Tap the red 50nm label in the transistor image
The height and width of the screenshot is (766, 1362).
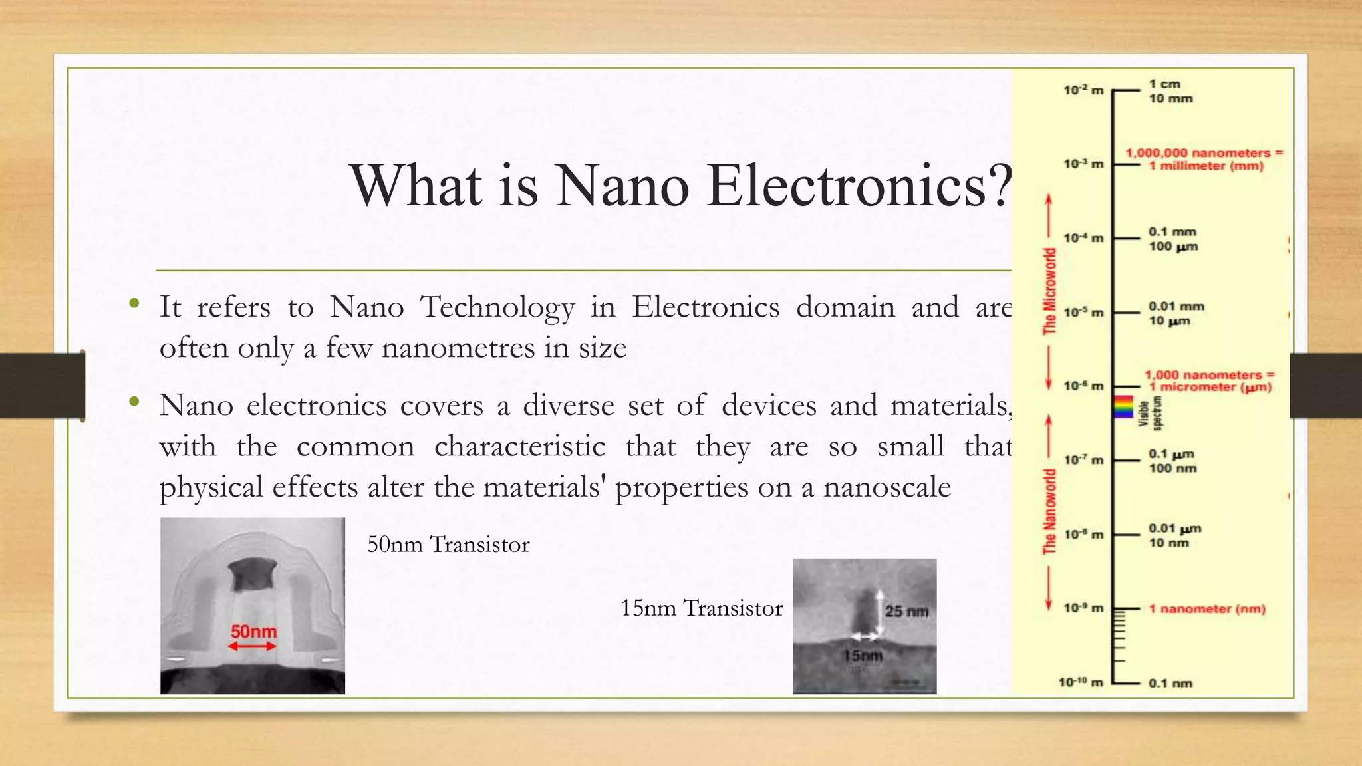coord(253,630)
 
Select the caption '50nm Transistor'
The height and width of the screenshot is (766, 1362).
coord(448,545)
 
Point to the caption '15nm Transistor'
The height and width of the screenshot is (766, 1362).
coord(702,608)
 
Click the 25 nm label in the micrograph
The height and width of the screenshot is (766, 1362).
coord(906,611)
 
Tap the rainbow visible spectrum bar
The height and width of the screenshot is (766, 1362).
coord(1123,406)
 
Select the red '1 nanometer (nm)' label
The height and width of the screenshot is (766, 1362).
coord(1207,609)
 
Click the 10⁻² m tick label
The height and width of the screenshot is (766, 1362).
coord(1083,90)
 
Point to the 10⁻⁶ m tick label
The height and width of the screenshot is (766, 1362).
coord(1083,386)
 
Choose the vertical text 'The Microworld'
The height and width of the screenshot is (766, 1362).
coord(1049,291)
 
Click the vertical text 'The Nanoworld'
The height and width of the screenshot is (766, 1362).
coord(1049,511)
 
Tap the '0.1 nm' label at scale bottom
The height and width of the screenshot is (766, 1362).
coord(1170,683)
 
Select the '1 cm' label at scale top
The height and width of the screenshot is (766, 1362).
coord(1164,84)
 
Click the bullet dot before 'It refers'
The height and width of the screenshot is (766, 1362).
coord(134,304)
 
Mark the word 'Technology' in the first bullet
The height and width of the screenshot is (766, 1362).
coord(497,308)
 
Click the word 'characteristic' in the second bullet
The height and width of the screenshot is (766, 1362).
coord(519,446)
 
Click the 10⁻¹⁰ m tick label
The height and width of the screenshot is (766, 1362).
coord(1081,682)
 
